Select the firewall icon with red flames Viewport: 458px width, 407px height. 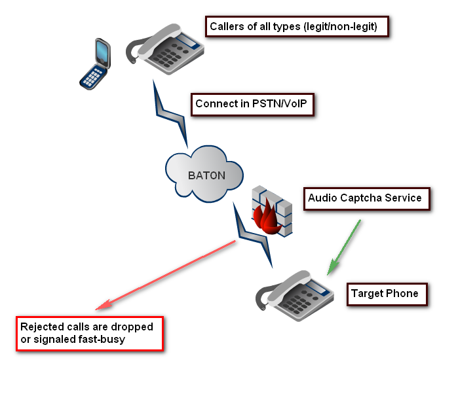(x=272, y=210)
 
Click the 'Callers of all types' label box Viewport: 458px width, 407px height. (x=298, y=27)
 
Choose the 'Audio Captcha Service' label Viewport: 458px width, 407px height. (x=365, y=198)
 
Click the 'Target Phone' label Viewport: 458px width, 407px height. (x=385, y=293)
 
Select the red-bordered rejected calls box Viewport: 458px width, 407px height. (x=90, y=333)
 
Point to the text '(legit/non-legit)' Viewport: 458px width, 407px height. (x=343, y=27)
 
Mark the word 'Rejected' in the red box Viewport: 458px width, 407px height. (x=41, y=327)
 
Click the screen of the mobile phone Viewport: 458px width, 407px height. (x=102, y=52)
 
